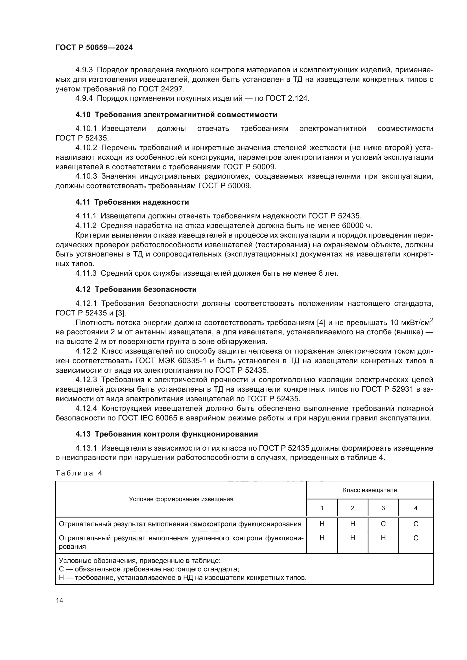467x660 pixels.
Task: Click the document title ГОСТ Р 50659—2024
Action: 94,48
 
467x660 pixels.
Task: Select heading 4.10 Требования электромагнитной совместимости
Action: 176,115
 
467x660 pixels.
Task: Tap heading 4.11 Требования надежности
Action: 132,202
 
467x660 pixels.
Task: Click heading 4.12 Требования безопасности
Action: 136,289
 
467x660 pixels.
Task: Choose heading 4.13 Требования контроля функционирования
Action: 167,434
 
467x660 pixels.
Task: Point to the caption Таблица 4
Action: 79,473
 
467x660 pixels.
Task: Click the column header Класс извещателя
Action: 370,490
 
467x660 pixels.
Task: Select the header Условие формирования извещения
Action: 181,499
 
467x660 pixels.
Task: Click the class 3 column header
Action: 383,508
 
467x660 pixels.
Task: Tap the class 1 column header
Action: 322,508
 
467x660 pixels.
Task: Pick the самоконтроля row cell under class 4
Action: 416,524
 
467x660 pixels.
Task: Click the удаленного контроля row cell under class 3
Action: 383,538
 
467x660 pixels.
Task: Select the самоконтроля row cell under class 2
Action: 353,524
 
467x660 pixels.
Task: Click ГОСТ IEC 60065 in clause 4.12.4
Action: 147,418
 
